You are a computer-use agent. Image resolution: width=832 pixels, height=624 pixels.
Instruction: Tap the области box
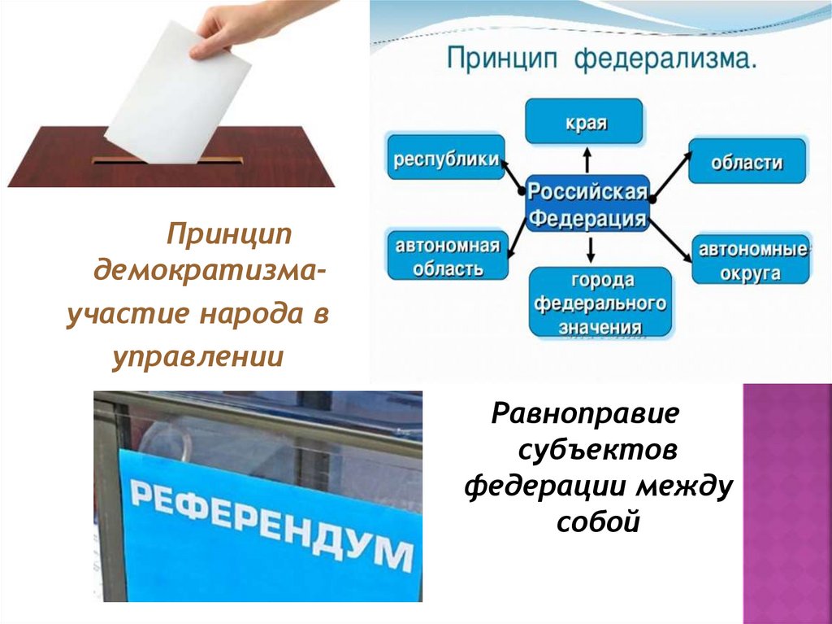(747, 161)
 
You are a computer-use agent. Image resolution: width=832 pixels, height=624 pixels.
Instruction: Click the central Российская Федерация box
(587, 204)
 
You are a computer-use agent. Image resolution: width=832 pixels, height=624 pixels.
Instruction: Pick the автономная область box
(446, 255)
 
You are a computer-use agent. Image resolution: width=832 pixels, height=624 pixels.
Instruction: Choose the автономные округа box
(749, 260)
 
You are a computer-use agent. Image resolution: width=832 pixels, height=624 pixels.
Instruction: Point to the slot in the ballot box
(167, 160)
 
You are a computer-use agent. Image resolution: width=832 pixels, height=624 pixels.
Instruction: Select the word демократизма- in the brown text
(207, 269)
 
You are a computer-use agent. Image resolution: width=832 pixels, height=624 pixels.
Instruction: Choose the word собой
(599, 521)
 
